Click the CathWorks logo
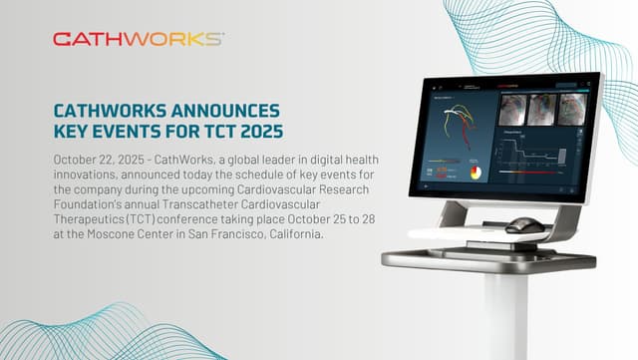[138, 39]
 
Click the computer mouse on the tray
[524, 225]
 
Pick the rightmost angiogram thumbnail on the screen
[571, 108]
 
